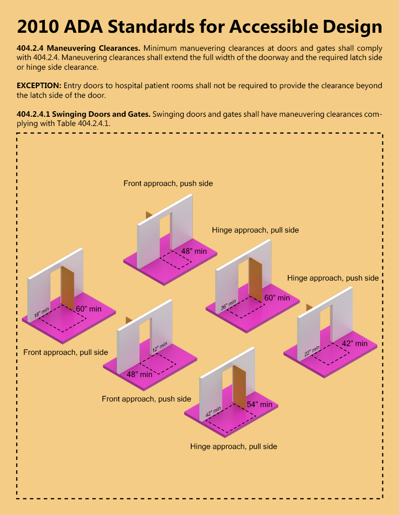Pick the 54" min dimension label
pos(260,404)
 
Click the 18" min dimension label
pos(41,313)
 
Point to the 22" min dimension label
pos(312,351)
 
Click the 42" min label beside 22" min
pos(355,343)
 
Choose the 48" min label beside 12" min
pos(139,374)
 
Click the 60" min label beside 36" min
pos(277,298)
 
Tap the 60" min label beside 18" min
pos(89,309)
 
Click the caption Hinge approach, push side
pos(332,278)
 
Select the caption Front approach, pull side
pos(66,352)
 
